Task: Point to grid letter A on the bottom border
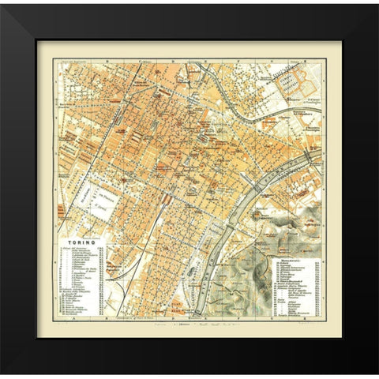pos(70,322)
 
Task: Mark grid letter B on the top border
pos(103,58)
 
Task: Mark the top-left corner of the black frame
pos(2,2)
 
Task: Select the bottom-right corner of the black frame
pos(377,377)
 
